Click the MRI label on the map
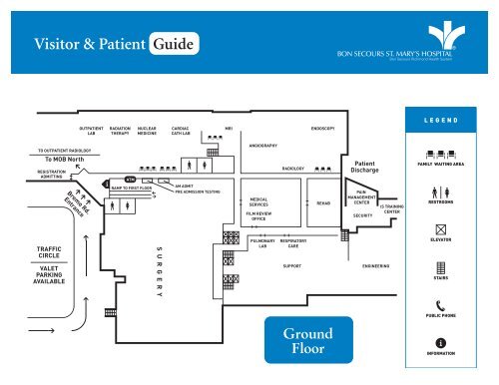(x=229, y=129)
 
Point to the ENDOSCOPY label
(x=323, y=129)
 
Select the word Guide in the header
(x=174, y=43)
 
